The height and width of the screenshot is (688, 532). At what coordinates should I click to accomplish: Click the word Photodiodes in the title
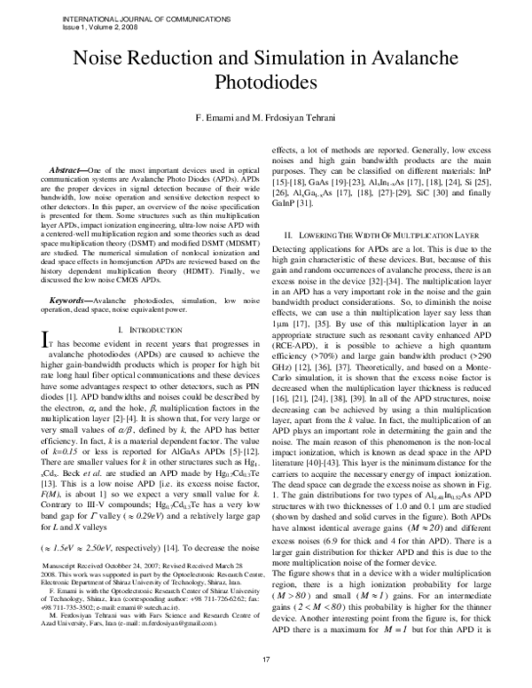(x=266, y=83)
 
